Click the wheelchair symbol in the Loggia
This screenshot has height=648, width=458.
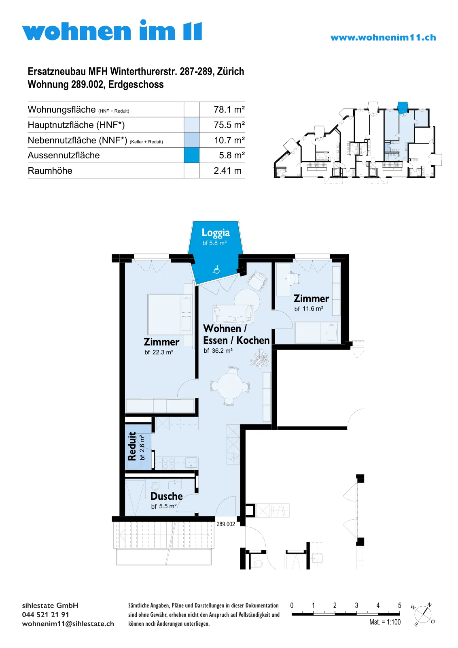(216, 270)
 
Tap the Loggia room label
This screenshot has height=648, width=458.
(216, 233)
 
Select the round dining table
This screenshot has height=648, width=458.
(230, 386)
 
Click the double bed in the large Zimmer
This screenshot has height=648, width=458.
(170, 314)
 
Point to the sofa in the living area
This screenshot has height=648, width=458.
(233, 314)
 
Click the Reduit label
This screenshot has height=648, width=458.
(132, 446)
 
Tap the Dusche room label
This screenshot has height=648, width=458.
(166, 496)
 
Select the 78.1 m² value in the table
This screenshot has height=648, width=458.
(229, 110)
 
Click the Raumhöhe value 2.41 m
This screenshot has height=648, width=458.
(227, 171)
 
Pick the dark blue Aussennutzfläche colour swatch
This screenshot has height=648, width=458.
(191, 156)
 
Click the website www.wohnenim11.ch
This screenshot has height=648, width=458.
(383, 38)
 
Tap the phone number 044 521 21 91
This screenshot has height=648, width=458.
(45, 615)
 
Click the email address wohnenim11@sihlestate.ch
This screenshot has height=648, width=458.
(68, 624)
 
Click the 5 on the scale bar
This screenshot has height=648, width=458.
(399, 605)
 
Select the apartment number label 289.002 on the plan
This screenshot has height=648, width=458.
(226, 524)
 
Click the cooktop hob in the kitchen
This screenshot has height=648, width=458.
(168, 463)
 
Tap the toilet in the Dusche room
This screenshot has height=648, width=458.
(155, 484)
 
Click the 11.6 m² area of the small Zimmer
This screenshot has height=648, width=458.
(309, 309)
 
